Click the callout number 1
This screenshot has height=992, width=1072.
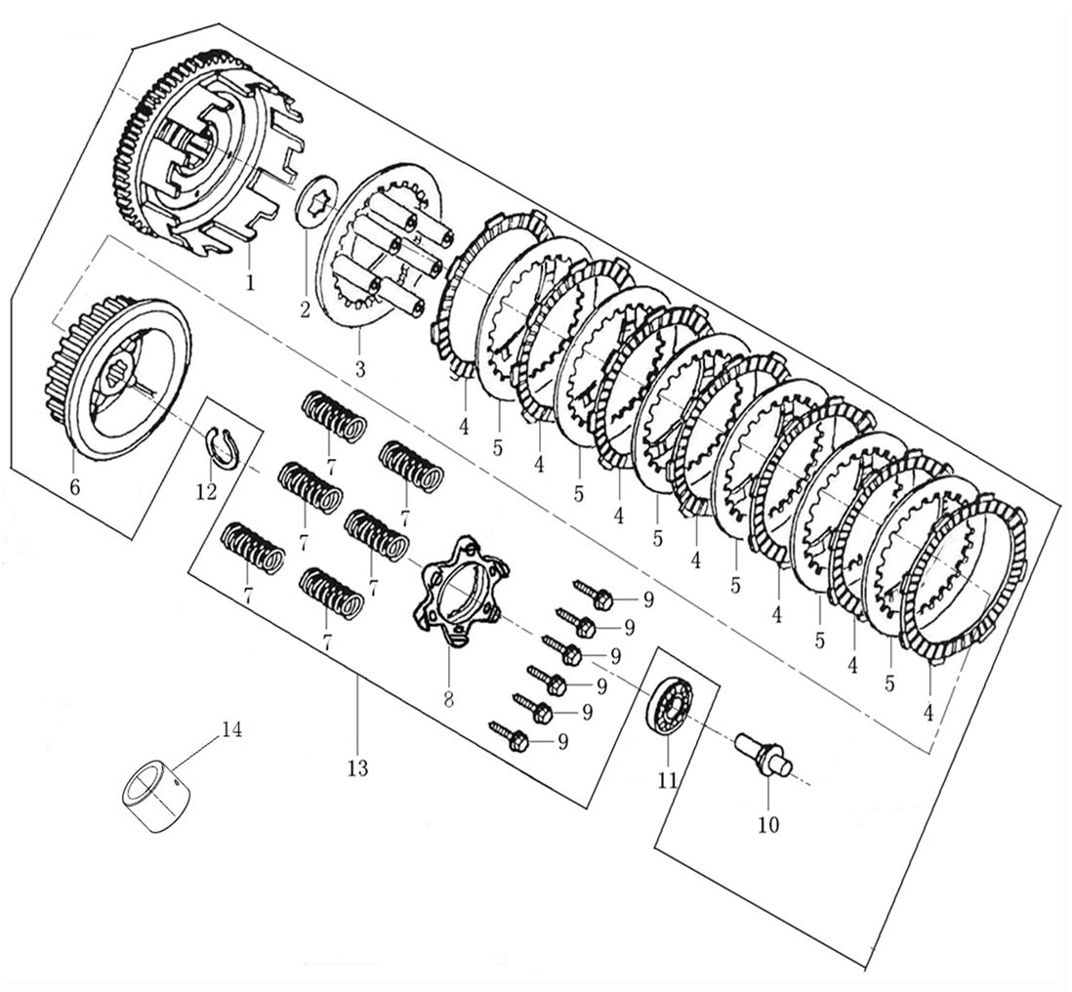pyautogui.click(x=250, y=283)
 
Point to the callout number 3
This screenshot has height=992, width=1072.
pyautogui.click(x=360, y=370)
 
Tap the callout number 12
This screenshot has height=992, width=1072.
pyautogui.click(x=206, y=492)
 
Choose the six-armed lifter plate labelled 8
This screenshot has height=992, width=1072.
pyautogui.click(x=459, y=596)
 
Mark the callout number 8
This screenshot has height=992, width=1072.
pyautogui.click(x=449, y=699)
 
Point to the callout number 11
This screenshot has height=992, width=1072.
pyautogui.click(x=668, y=780)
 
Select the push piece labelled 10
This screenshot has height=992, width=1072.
pyautogui.click(x=763, y=753)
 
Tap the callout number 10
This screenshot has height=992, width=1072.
pyautogui.click(x=768, y=825)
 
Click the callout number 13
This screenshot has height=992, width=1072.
pyautogui.click(x=357, y=768)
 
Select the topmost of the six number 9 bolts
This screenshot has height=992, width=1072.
pyautogui.click(x=594, y=593)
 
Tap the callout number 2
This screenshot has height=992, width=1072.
pyautogui.click(x=305, y=310)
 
